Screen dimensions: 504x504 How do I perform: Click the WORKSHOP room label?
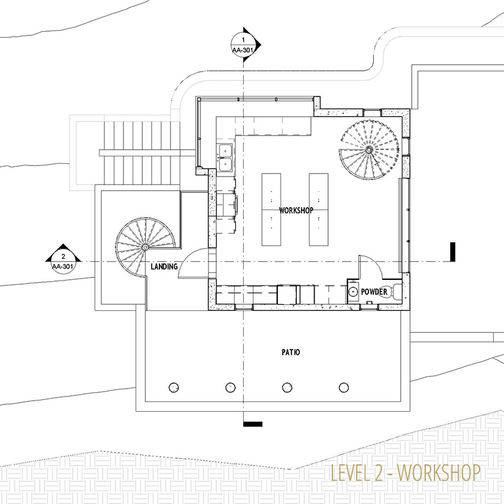(x=296, y=210)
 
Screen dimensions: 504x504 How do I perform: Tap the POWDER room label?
(x=374, y=292)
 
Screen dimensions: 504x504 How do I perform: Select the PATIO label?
(x=291, y=352)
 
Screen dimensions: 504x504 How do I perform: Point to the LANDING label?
(x=164, y=266)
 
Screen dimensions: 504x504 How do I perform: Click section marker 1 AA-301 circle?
(x=243, y=45)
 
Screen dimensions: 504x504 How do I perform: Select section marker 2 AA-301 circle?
(x=64, y=262)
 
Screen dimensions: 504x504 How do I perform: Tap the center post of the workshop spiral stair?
(x=368, y=150)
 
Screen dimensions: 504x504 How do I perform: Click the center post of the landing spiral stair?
(x=145, y=247)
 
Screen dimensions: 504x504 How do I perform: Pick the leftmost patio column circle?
(x=173, y=387)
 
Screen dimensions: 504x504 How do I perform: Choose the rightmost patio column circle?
(x=344, y=387)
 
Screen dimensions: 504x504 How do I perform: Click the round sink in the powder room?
(x=353, y=291)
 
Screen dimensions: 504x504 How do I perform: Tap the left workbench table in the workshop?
(x=271, y=210)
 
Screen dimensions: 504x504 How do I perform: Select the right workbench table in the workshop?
(x=318, y=210)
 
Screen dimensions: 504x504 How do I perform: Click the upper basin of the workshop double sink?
(x=225, y=150)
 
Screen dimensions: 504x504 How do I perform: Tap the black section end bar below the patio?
(x=253, y=425)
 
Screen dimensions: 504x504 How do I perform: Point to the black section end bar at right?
(x=453, y=252)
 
